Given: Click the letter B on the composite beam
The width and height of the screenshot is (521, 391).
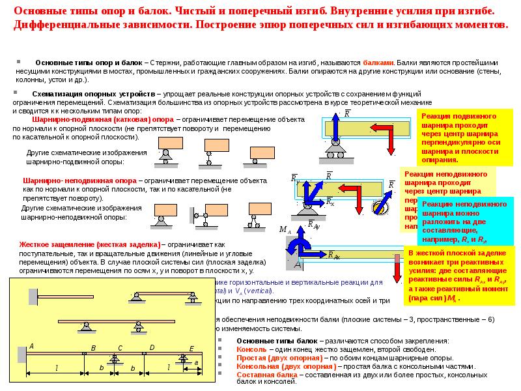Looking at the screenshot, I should click(x=93, y=349).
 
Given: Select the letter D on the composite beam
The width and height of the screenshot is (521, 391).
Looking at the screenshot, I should click(x=152, y=348).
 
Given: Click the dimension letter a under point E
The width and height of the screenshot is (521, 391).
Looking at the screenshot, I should click(x=196, y=362).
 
